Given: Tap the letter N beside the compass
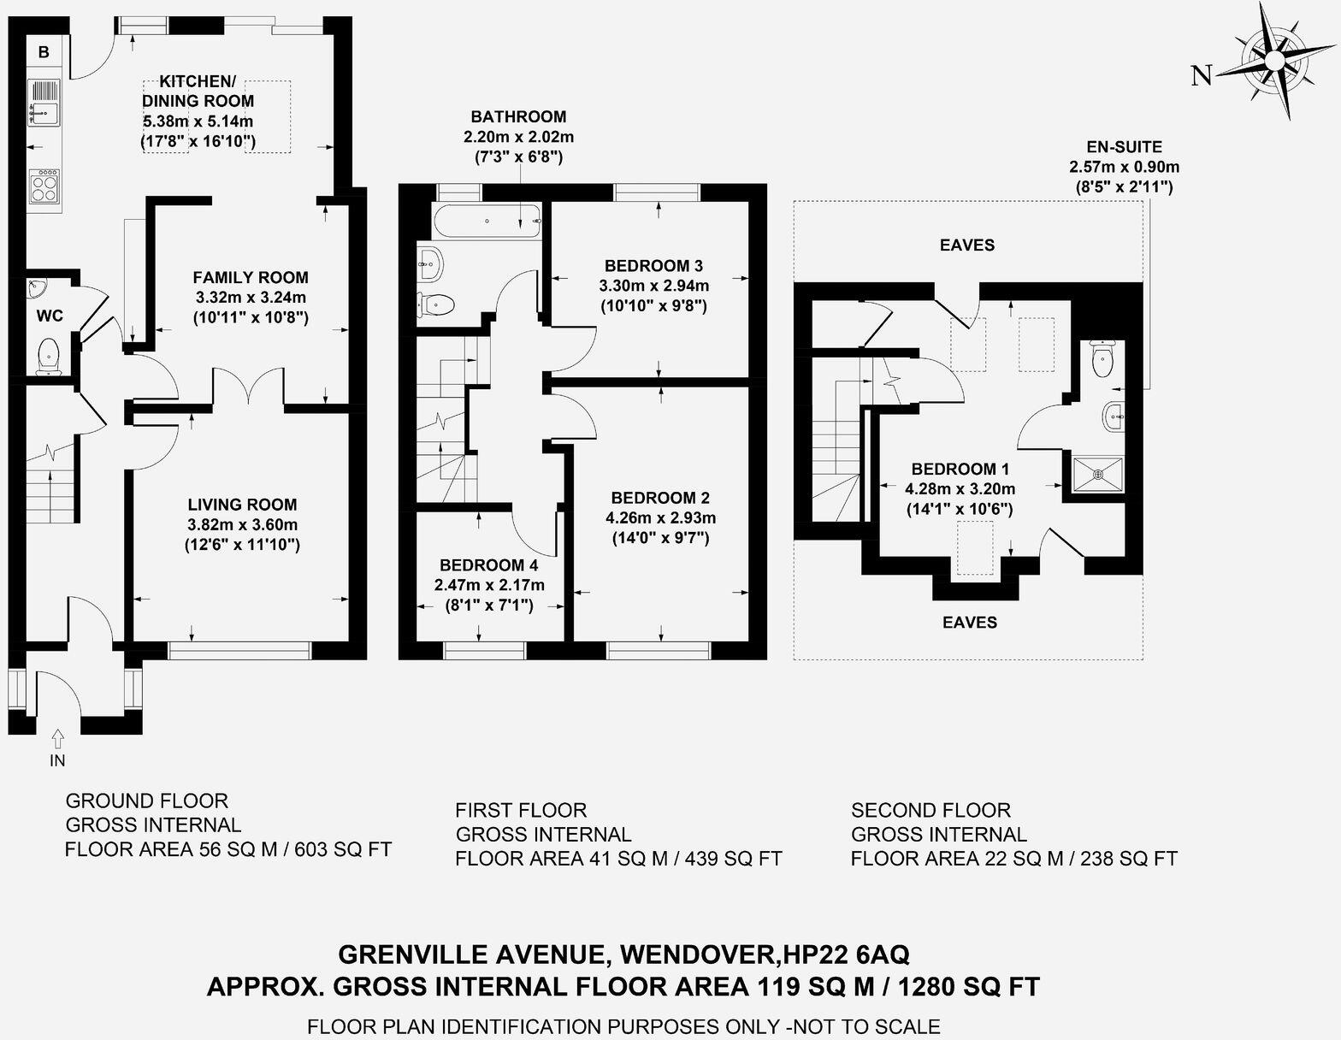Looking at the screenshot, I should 1202,76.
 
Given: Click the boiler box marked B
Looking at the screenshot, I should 44,52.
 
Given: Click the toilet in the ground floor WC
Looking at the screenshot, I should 49,355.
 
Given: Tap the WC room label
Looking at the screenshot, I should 50,316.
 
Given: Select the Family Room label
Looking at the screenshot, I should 250,277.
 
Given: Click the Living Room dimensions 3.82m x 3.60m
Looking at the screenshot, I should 242,524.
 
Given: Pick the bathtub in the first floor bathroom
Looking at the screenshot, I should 488,222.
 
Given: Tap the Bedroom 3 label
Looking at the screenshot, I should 653,265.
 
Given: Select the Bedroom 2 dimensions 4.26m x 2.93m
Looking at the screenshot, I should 660,517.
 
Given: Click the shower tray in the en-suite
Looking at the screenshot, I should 1098,475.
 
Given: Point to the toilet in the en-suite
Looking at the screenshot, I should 1102,358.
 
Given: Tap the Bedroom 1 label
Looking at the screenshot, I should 960,469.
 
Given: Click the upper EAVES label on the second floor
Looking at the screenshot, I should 967,245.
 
